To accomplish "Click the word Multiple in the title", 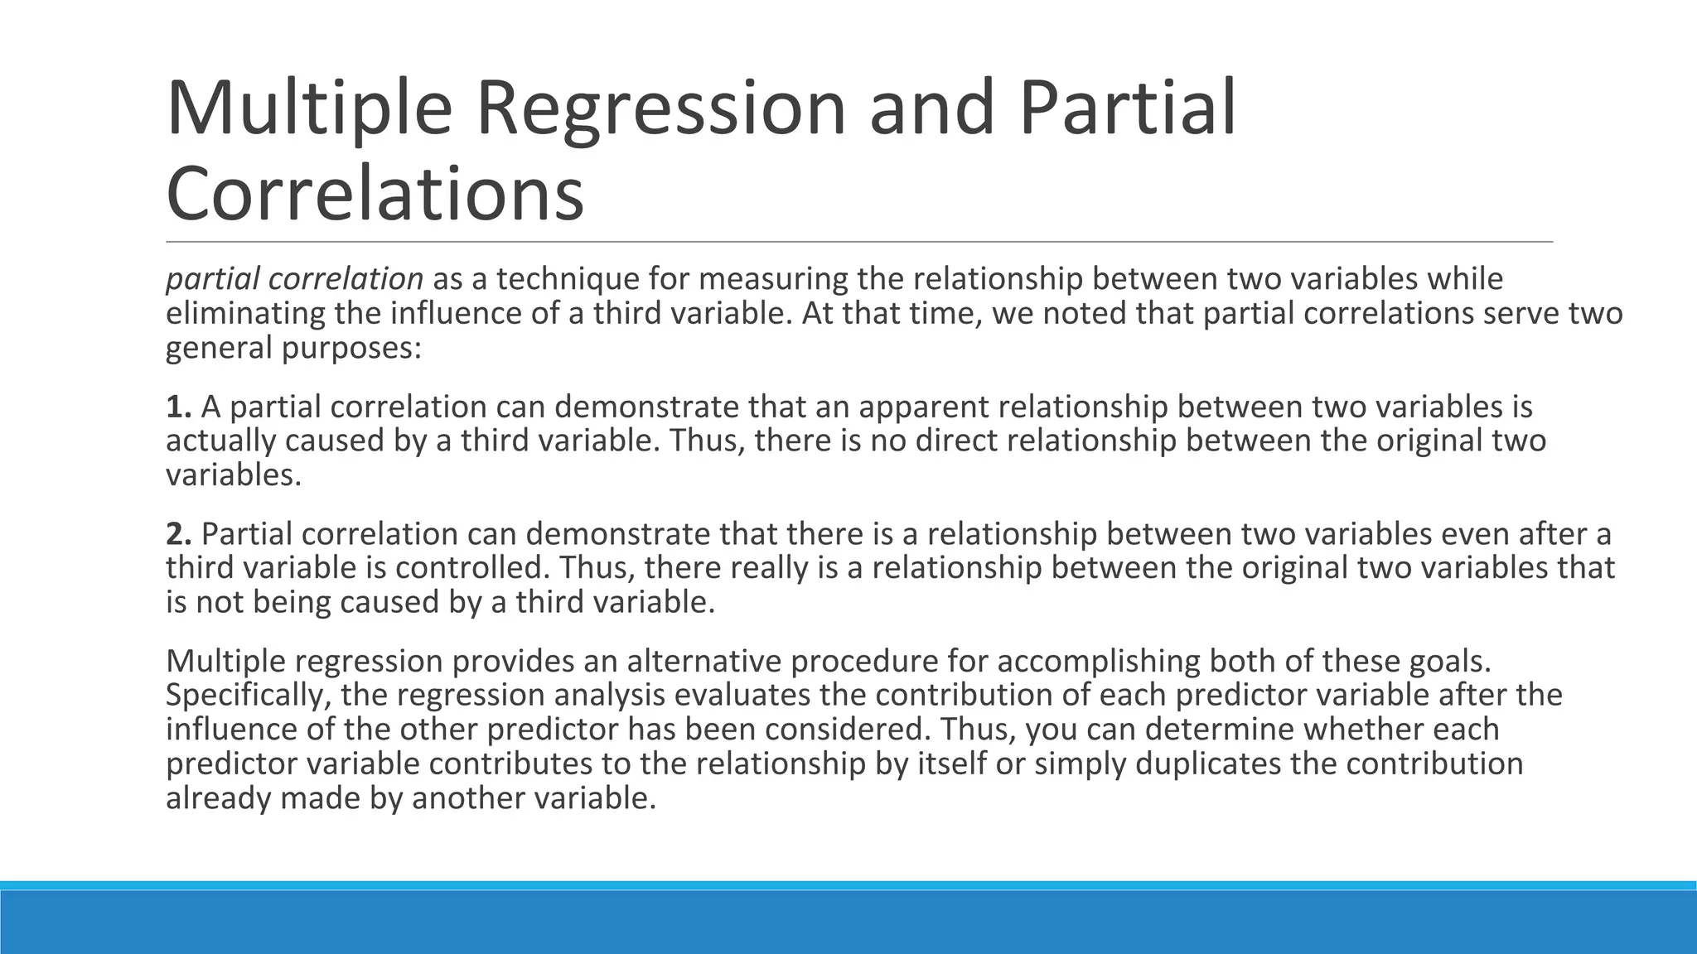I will tap(309, 108).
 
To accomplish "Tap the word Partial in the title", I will tap(1126, 108).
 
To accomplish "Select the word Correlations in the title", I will tap(375, 194).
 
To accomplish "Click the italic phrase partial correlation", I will tap(294, 279).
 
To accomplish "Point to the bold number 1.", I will tap(178, 407).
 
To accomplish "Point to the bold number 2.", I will tap(178, 534).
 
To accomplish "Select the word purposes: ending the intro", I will tap(351, 348).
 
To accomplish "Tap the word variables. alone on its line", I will tap(234, 475).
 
